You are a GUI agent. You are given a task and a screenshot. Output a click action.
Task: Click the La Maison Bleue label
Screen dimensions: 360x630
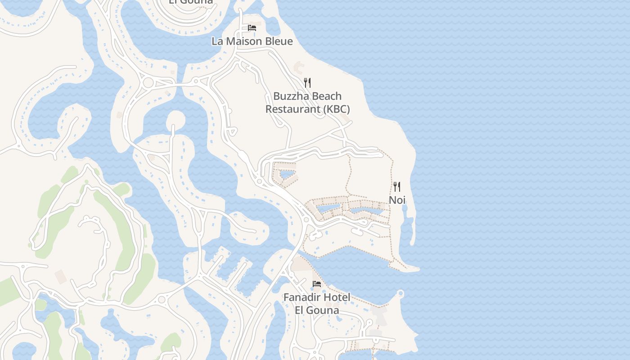pyautogui.click(x=252, y=41)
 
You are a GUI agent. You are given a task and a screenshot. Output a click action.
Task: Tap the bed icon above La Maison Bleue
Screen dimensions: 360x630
pyautogui.click(x=252, y=28)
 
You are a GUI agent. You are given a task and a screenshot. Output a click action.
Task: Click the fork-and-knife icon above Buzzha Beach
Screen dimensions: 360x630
pyautogui.click(x=307, y=82)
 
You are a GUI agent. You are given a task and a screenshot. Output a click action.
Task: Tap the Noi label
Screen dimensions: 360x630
pyautogui.click(x=397, y=200)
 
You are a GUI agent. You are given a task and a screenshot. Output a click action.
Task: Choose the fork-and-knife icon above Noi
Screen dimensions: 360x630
pyautogui.click(x=397, y=186)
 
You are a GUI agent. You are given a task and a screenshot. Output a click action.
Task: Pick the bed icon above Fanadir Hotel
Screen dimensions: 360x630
pyautogui.click(x=317, y=284)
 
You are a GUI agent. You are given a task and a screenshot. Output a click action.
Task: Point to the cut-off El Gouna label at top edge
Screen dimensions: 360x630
pyautogui.click(x=191, y=2)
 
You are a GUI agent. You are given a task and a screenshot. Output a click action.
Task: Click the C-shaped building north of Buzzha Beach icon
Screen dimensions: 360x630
pyautogui.click(x=298, y=68)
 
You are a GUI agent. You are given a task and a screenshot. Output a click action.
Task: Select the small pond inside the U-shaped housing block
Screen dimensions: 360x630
pyautogui.click(x=286, y=174)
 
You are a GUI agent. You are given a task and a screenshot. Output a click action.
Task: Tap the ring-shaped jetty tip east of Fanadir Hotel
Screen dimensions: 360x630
pyautogui.click(x=400, y=294)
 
